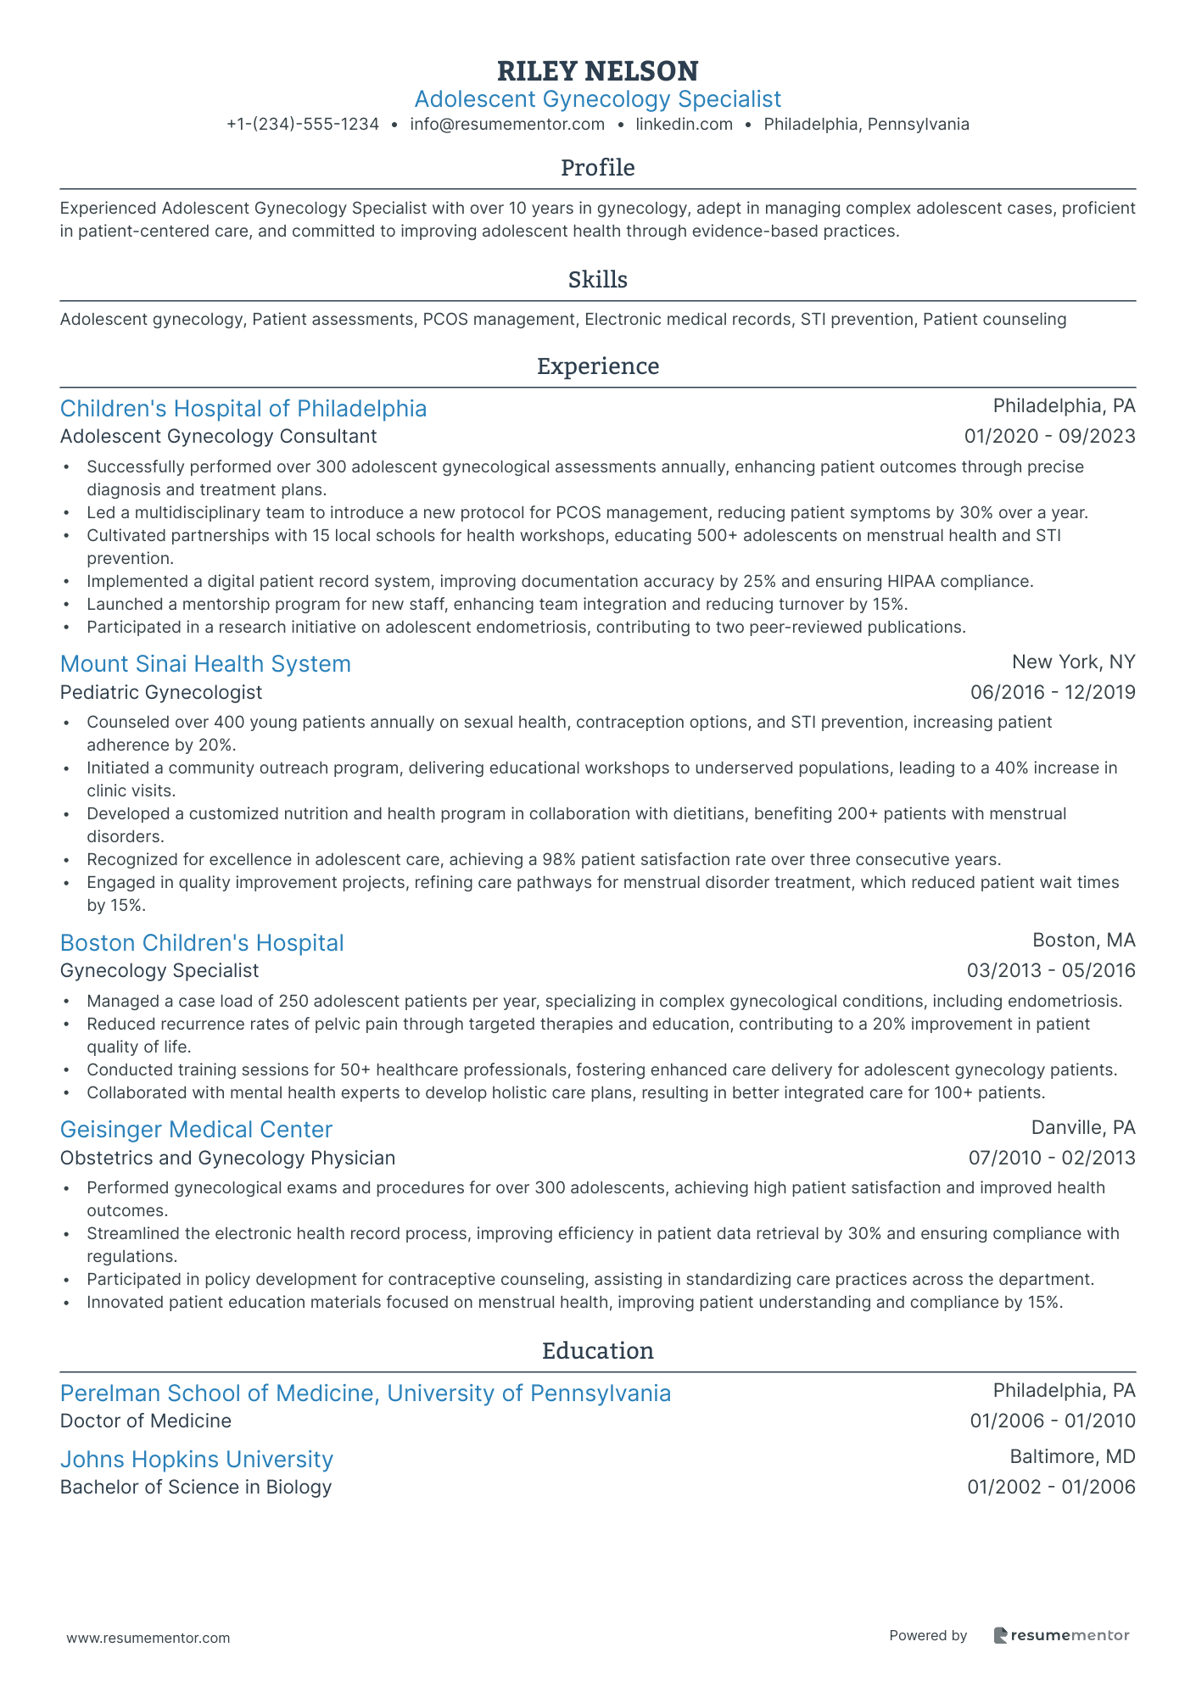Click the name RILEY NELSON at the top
pos(597,70)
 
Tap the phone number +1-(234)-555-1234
pos(303,125)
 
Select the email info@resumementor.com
pos(507,125)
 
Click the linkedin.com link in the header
pos(684,125)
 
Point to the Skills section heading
pos(597,280)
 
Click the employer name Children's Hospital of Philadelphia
pos(243,409)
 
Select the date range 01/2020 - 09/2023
pos(1049,437)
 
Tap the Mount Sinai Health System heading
pos(205,664)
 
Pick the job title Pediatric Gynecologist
pos(161,693)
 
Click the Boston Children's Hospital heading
pos(202,943)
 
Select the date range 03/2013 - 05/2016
pos(1050,971)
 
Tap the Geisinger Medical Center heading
pos(196,1130)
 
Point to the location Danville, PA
pos(1082,1128)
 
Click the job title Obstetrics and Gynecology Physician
pos(227,1159)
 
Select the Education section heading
pos(597,1351)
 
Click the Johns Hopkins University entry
pos(197,1460)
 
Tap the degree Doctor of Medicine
pos(146,1421)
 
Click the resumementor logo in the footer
pos(1061,1635)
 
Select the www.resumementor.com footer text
pos(148,1639)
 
